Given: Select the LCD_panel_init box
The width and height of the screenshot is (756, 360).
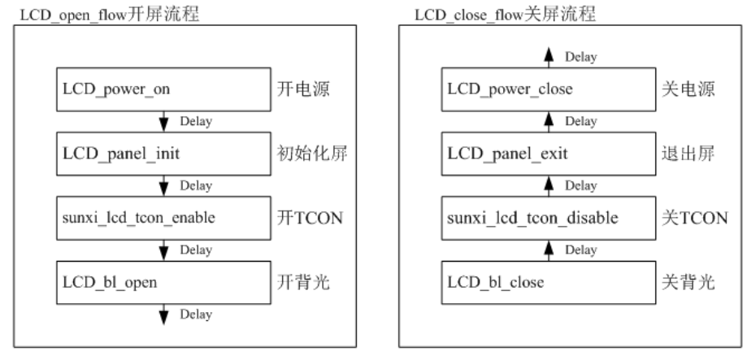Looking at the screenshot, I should [x=162, y=154].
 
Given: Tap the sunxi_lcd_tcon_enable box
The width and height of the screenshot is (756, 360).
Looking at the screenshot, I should [x=162, y=218].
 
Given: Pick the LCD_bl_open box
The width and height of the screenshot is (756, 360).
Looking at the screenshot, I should [x=162, y=282].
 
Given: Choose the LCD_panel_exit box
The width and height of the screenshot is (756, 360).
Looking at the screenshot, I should [x=548, y=154].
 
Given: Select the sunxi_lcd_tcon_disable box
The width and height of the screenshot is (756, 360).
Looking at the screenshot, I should [x=548, y=218].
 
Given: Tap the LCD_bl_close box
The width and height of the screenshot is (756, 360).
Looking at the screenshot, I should [x=548, y=282].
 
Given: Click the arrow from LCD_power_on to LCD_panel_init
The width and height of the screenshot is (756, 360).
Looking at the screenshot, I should [x=164, y=121].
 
